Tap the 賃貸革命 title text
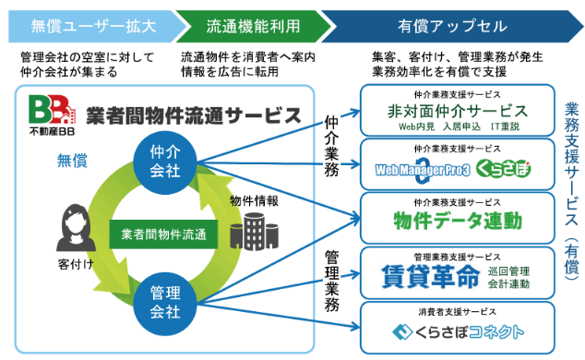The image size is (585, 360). click(x=430, y=276)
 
